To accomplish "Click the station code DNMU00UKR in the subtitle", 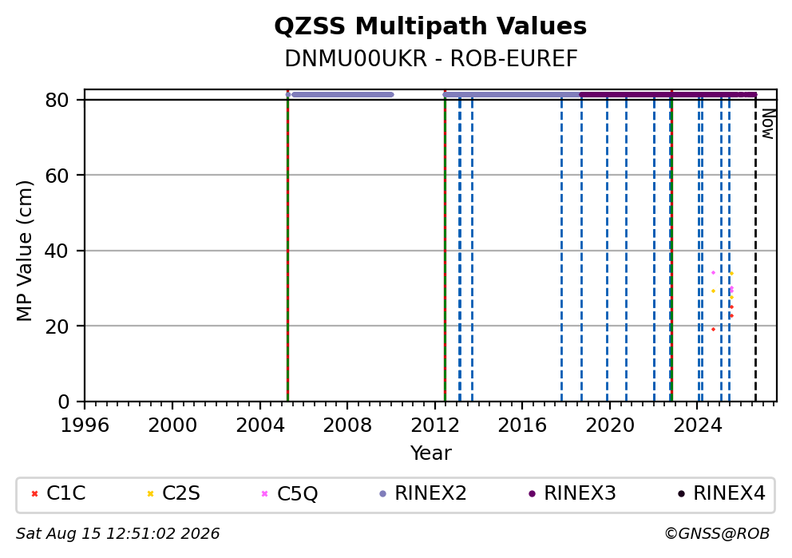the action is point(355,59).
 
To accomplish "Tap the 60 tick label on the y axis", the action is point(57,176).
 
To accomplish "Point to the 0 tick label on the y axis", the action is point(63,402).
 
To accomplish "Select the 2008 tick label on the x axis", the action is point(347,425).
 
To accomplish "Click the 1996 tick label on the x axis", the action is point(85,425).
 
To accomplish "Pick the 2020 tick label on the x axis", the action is point(609,425).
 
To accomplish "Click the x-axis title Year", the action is point(431,453).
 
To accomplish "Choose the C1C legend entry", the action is point(58,493).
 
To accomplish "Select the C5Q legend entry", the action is point(290,493).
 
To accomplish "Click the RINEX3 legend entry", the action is point(572,493).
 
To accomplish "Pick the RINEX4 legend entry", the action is point(722,493).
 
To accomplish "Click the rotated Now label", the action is point(768,124).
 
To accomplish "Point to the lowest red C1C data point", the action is point(713,329).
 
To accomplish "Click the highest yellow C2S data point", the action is point(731,274).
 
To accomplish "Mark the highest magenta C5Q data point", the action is point(713,273).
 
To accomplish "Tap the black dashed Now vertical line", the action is point(755,248).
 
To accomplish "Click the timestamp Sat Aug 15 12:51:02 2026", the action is point(117,534).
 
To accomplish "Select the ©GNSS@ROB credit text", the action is point(717,534).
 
